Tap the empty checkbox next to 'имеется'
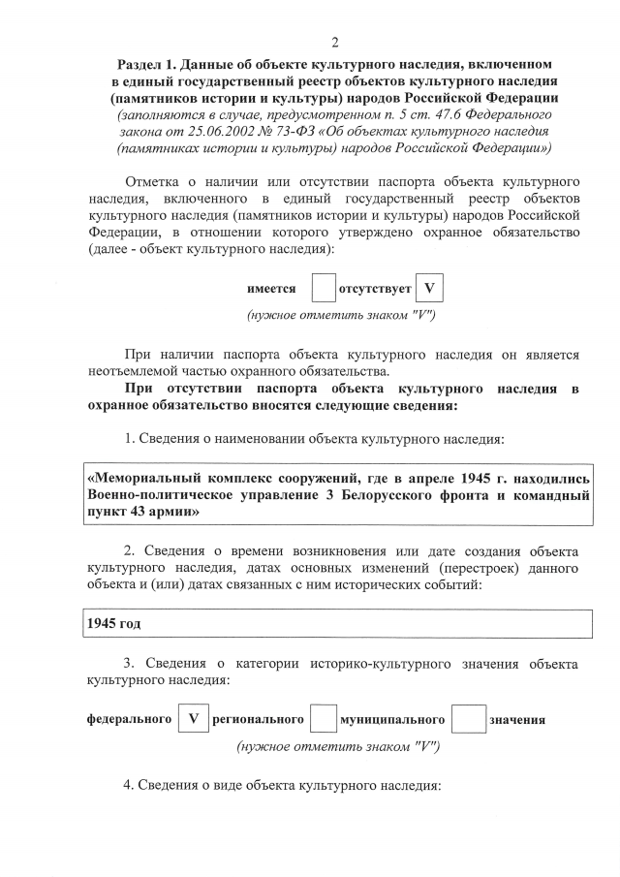[323, 289]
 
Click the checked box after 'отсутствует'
[429, 289]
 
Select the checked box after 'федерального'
[194, 720]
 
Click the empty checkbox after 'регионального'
[324, 720]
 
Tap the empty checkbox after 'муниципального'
[469, 720]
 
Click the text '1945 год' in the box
[114, 623]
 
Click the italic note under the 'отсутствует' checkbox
[342, 316]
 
